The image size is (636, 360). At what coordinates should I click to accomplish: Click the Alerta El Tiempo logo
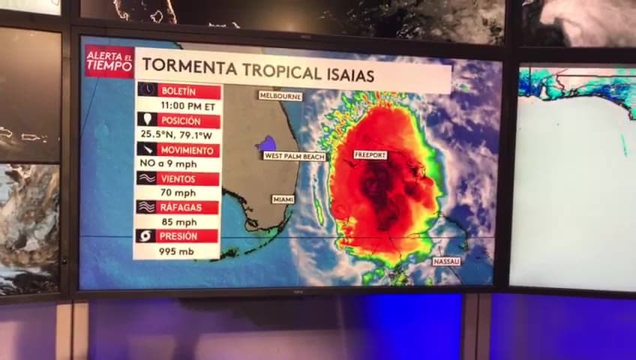point(109,61)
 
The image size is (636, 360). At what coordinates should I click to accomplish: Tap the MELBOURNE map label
point(280,96)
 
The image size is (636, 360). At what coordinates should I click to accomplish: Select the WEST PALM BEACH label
point(295,156)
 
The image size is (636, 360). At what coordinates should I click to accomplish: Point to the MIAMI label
point(283,199)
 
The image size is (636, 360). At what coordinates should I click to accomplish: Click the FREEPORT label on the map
point(370,154)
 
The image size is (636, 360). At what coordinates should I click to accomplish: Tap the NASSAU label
point(446,261)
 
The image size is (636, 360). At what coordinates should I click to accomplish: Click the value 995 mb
point(178,251)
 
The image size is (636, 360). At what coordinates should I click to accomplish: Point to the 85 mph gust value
point(178,222)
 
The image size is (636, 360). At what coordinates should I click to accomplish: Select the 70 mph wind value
point(178,193)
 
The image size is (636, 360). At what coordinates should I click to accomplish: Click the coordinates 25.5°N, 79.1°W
point(178,135)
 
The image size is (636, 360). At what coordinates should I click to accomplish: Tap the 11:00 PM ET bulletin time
point(178,106)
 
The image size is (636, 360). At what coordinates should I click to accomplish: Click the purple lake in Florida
point(265,144)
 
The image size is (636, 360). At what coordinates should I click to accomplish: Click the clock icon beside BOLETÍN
point(147,90)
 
